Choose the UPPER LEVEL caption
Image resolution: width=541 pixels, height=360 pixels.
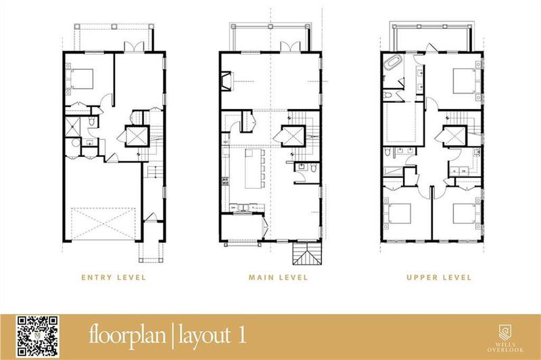(439, 277)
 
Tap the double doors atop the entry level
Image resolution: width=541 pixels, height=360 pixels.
(133, 47)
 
